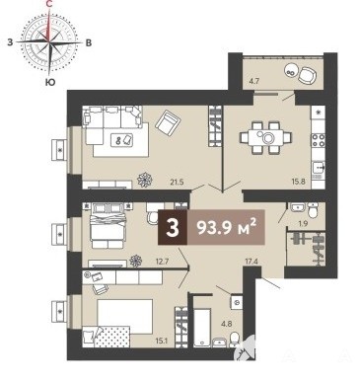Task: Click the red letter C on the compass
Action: [x=49, y=4]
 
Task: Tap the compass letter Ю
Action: [x=49, y=82]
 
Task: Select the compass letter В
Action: [x=88, y=42]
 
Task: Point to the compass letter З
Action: [x=10, y=42]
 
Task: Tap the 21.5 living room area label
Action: [x=177, y=182]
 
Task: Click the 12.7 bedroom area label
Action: [x=162, y=262]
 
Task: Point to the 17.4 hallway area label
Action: [x=251, y=262]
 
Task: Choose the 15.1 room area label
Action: [x=163, y=342]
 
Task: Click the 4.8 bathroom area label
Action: [x=227, y=323]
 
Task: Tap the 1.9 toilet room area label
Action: [x=303, y=224]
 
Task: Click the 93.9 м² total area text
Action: [x=226, y=227]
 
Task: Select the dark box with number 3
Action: [x=173, y=227]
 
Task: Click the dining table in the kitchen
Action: [x=265, y=137]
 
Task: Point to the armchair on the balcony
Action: [x=308, y=75]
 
